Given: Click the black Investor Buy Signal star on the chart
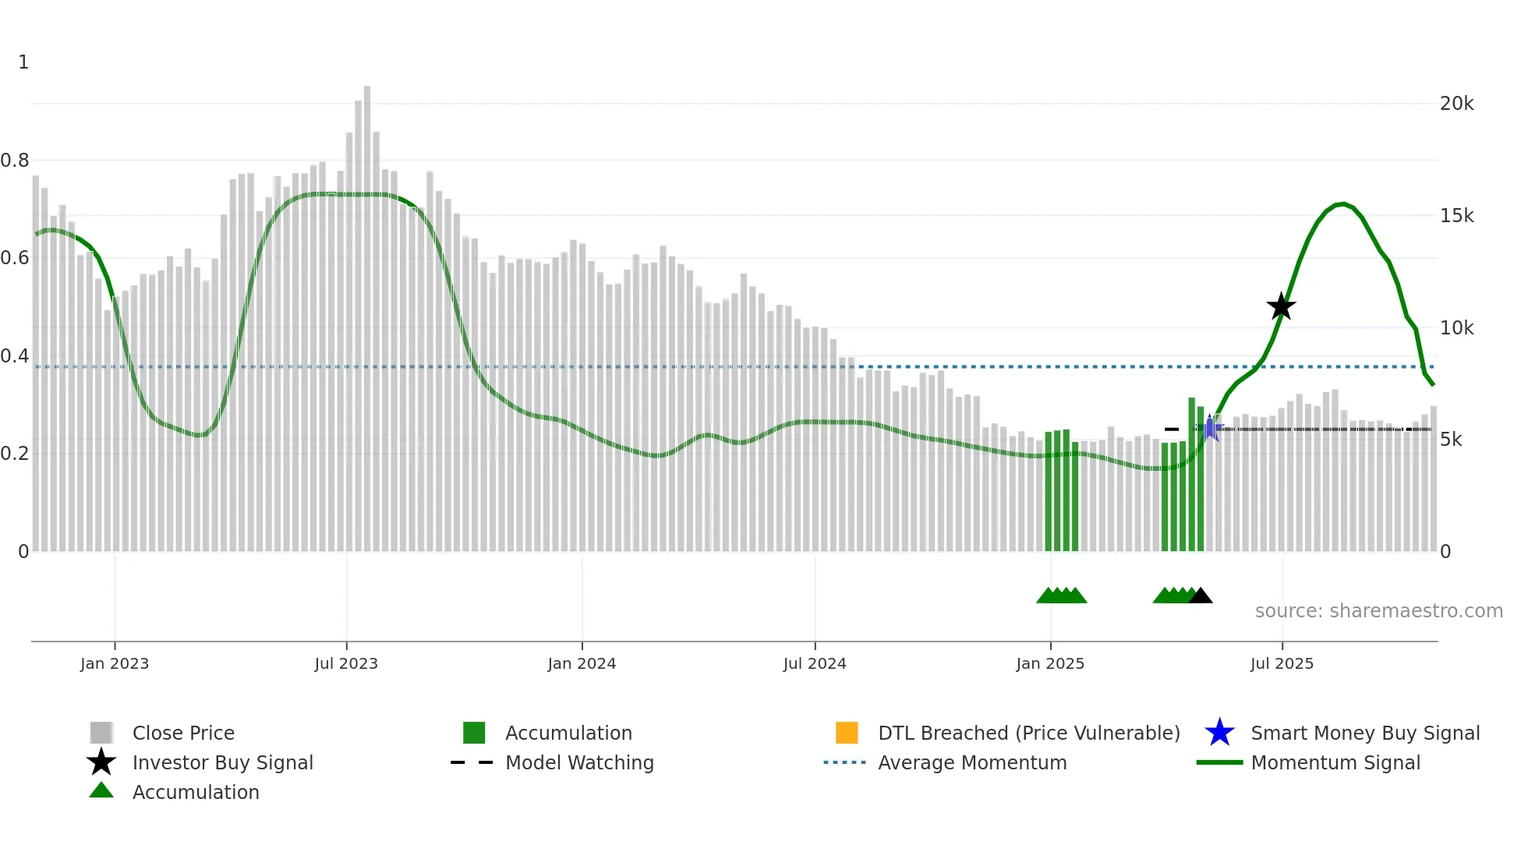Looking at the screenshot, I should click(x=1281, y=306).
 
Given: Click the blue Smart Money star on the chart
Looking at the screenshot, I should click(x=1211, y=428).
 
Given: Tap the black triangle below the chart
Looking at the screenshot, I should click(x=1201, y=596).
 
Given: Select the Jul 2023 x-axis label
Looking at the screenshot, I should click(x=346, y=664).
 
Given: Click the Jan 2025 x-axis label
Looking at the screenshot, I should click(x=1050, y=664).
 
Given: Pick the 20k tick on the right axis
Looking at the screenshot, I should click(x=1456, y=104).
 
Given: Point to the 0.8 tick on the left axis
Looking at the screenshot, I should click(x=15, y=161).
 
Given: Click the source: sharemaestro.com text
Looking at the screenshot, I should click(x=1378, y=611).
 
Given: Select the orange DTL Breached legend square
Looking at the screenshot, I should click(x=847, y=733).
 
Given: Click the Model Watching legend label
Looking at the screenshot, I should click(x=579, y=763).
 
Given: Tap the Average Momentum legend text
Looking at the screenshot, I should click(x=972, y=763).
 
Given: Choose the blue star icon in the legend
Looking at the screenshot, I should click(x=1219, y=733).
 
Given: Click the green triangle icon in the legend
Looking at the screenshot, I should click(x=101, y=791).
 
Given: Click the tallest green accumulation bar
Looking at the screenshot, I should click(x=1191, y=475).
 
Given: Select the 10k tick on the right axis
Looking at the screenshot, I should click(x=1456, y=328).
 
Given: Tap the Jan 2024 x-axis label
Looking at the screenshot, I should click(x=582, y=664).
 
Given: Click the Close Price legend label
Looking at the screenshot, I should click(x=183, y=734).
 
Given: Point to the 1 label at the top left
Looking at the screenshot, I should click(x=23, y=62).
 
